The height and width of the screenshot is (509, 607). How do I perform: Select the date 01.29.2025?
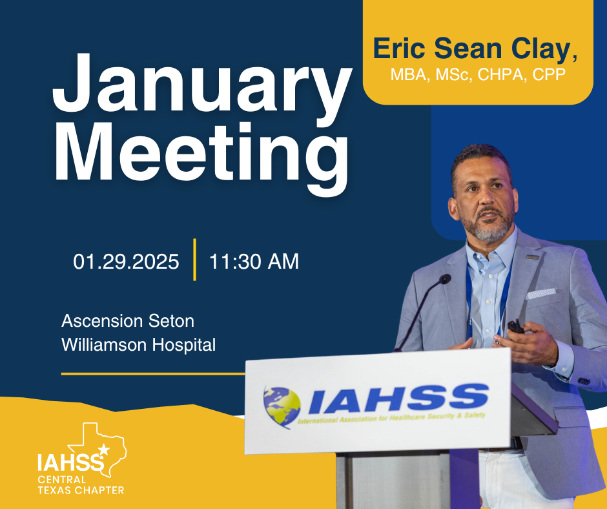pos(126,262)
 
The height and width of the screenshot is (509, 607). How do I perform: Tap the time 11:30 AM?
pos(254,262)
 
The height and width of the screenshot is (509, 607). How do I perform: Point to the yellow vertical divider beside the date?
pos(194,260)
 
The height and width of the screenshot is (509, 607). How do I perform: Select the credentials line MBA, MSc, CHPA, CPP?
pos(477,76)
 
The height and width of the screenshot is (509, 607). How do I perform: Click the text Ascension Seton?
pos(127,321)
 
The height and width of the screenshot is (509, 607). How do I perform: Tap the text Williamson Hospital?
pos(138,345)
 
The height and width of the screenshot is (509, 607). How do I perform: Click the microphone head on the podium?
pos(444,279)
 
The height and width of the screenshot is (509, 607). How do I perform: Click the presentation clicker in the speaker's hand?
pos(515,327)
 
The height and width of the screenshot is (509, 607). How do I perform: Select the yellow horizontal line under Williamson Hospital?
pos(152,373)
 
